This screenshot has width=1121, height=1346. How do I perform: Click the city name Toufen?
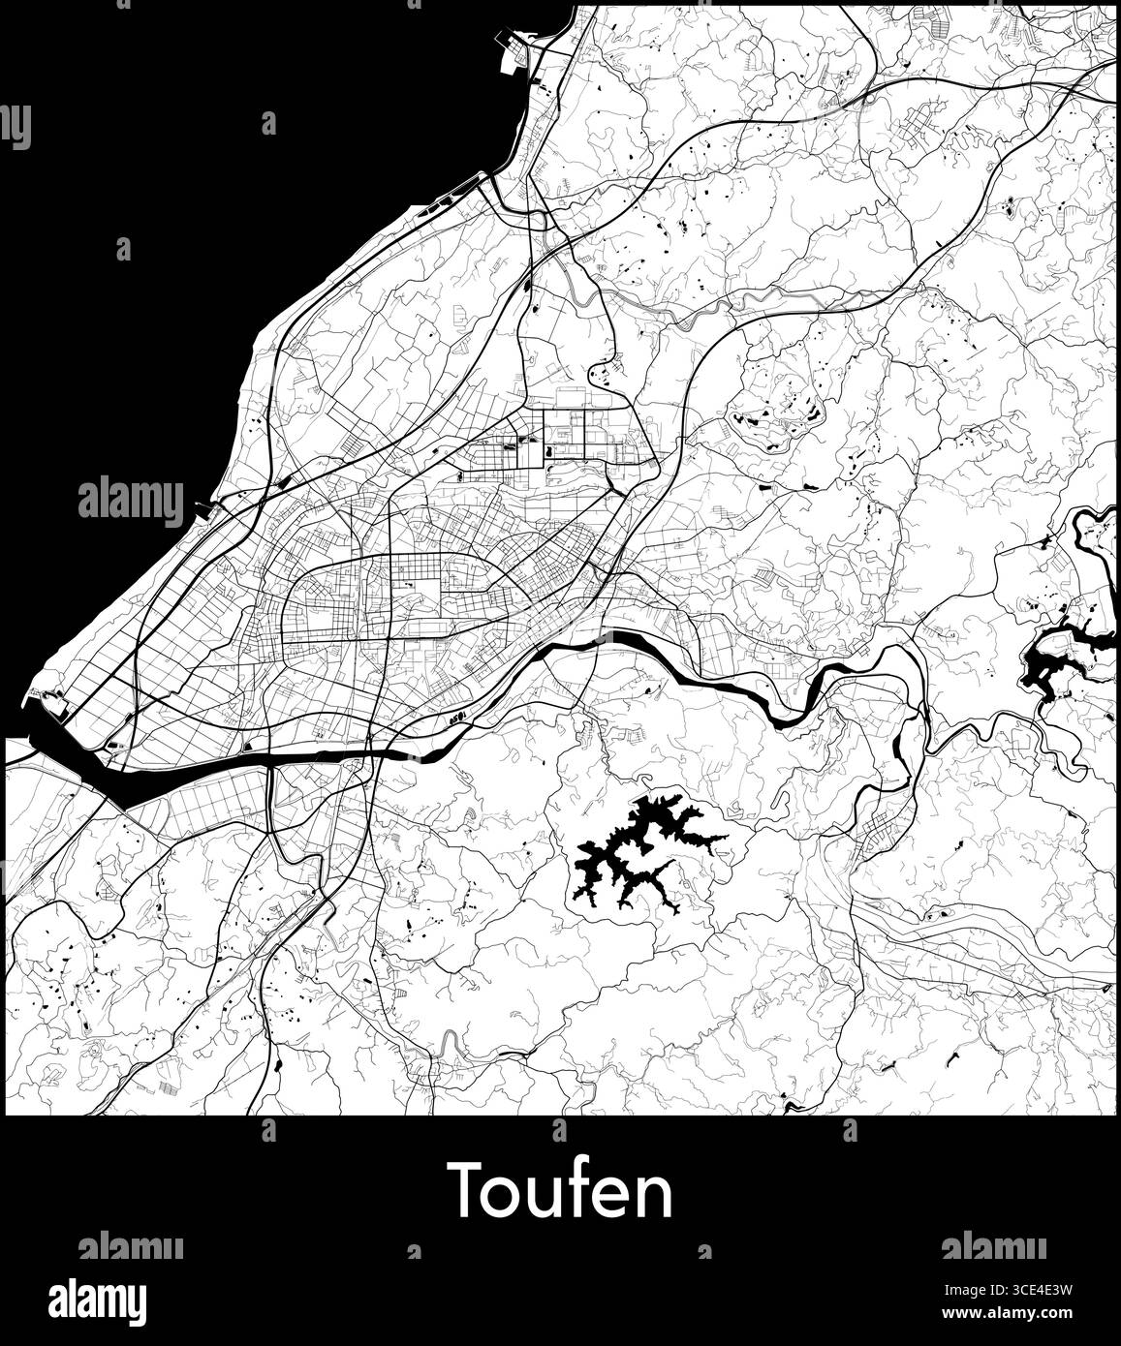560,1192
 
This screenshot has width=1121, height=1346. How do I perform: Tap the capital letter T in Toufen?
465,1192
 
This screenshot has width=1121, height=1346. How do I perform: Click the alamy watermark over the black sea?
130,501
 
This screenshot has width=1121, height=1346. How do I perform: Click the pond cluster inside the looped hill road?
775,416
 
